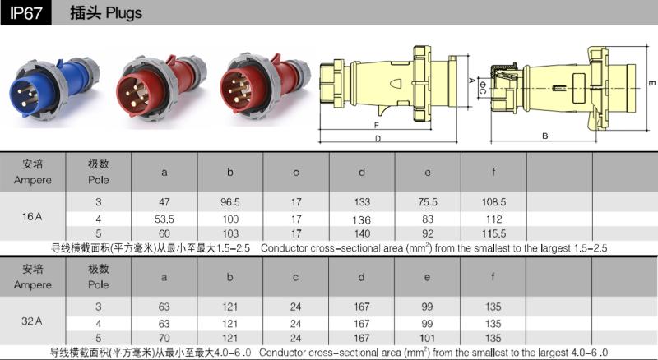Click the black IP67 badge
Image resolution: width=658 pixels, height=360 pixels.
(25, 13)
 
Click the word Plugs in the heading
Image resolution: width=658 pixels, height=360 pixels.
(124, 13)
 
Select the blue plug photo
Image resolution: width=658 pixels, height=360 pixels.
(54, 87)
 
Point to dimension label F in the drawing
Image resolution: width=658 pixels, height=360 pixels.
(377, 125)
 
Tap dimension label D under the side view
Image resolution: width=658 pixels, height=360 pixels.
(378, 138)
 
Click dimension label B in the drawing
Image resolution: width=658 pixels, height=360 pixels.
(544, 136)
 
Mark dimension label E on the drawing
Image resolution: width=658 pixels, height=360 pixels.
(651, 83)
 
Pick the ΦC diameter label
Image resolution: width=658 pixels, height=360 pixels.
(483, 88)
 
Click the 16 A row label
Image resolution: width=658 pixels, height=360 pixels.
(32, 216)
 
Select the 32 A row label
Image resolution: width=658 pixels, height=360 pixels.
(32, 321)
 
